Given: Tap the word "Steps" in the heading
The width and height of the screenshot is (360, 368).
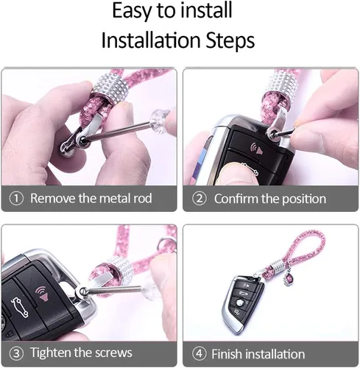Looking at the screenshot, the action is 230,40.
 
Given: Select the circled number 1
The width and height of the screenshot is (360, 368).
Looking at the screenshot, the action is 16,199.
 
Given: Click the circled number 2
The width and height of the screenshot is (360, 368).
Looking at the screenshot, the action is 199,199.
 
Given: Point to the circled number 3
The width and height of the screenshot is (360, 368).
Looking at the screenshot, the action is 16,353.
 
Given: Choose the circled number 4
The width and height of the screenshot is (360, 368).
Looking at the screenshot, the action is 199,353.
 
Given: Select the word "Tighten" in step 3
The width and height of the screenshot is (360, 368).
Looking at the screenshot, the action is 51,353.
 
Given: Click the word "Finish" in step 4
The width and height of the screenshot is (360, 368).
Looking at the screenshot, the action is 227,354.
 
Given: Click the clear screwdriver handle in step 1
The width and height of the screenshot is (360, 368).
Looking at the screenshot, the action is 160,121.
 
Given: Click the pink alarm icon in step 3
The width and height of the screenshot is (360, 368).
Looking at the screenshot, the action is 42,294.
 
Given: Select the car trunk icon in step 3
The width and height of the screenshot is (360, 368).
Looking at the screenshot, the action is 19,307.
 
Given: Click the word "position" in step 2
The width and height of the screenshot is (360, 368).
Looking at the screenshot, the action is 304,199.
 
